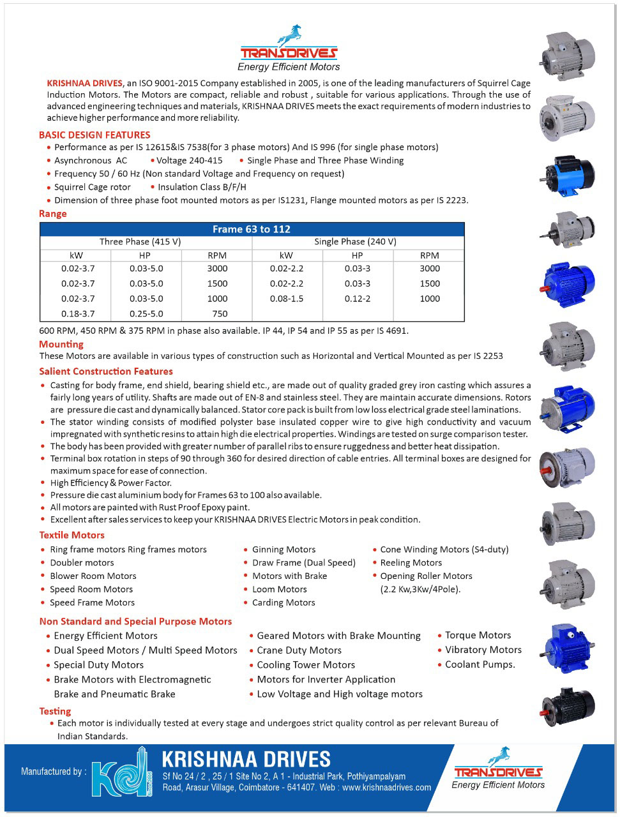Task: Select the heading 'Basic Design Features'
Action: pyautogui.click(x=95, y=135)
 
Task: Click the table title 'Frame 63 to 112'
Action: pyautogui.click(x=252, y=229)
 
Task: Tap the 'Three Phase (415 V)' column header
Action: pyautogui.click(x=140, y=242)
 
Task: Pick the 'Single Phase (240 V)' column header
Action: pyautogui.click(x=355, y=242)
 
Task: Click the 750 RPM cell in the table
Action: pyautogui.click(x=219, y=313)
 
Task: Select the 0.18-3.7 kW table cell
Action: pyautogui.click(x=78, y=313)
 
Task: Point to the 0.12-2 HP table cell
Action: pyautogui.click(x=358, y=298)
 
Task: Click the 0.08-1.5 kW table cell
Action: pyautogui.click(x=286, y=298)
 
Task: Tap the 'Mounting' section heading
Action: pyautogui.click(x=61, y=344)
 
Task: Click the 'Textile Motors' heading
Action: pyautogui.click(x=72, y=535)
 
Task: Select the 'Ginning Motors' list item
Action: pyautogui.click(x=284, y=549)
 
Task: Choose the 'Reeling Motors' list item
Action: pyautogui.click(x=411, y=562)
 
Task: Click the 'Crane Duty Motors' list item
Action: pyautogui.click(x=299, y=650)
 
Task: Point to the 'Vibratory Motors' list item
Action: pyautogui.click(x=483, y=650)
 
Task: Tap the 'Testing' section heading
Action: pyautogui.click(x=55, y=711)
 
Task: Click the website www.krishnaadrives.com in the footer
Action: pyautogui.click(x=386, y=788)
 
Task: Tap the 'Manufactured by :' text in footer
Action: pyautogui.click(x=53, y=772)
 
